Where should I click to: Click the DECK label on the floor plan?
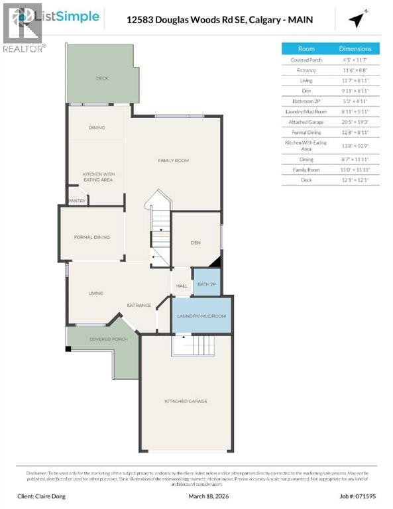pyautogui.click(x=101, y=78)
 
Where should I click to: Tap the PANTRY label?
pyautogui.click(x=77, y=199)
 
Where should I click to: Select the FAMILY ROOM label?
pyautogui.click(x=173, y=160)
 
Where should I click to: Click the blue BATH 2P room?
pyautogui.click(x=206, y=284)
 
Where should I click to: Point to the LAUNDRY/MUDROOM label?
pyautogui.click(x=201, y=316)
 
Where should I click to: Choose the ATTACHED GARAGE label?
pyautogui.click(x=186, y=401)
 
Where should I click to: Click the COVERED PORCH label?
pyautogui.click(x=109, y=339)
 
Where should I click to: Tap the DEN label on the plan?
pyautogui.click(x=196, y=243)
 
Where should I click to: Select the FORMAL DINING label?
pyautogui.click(x=91, y=237)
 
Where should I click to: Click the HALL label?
pyautogui.click(x=182, y=286)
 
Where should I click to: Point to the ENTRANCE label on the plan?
pyautogui.click(x=139, y=306)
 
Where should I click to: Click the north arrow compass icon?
pyautogui.click(x=359, y=20)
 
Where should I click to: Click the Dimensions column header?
pyautogui.click(x=355, y=49)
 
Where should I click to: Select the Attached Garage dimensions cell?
pyautogui.click(x=355, y=122)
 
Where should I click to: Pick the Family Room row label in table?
pyautogui.click(x=306, y=170)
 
